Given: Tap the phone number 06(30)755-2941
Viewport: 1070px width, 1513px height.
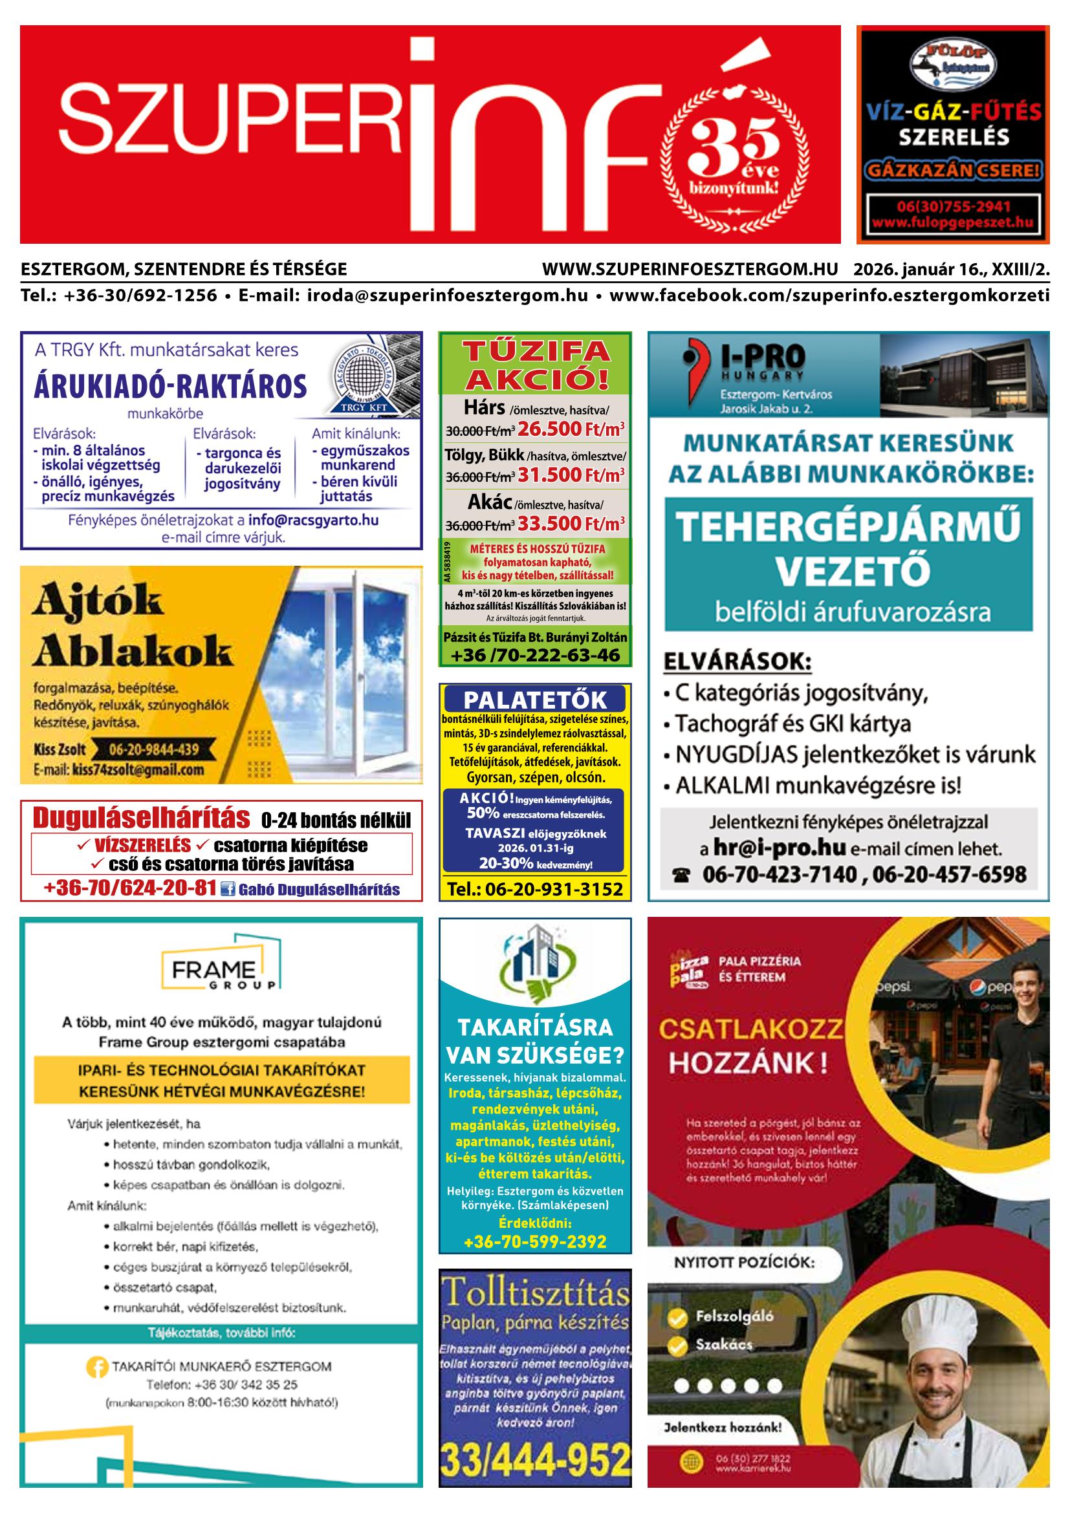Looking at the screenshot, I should click(953, 206).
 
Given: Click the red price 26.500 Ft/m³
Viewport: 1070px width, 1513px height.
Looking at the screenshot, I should click(571, 429).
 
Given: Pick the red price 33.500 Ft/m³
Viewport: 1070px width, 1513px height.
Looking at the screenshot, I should click(571, 524).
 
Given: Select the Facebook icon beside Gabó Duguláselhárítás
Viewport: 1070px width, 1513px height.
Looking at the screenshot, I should click(228, 889).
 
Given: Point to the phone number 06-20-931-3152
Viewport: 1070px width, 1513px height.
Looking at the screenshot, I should click(534, 889).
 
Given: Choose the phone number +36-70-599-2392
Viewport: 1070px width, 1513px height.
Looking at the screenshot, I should click(534, 1241).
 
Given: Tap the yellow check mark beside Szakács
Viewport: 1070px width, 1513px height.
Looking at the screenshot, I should click(677, 1345).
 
